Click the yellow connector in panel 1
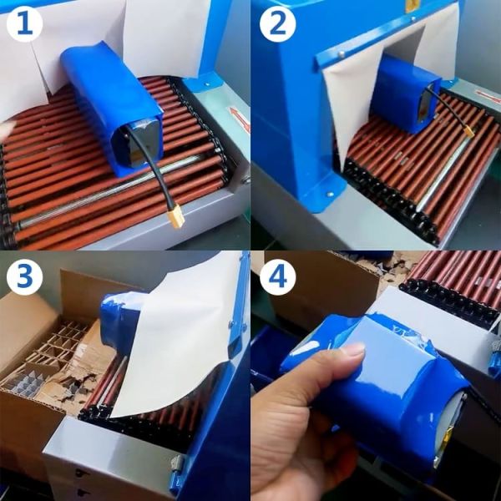[x=175, y=218]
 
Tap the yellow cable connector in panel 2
[x=468, y=130]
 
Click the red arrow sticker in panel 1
[x=240, y=119]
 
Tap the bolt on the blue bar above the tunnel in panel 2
[x=341, y=55]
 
